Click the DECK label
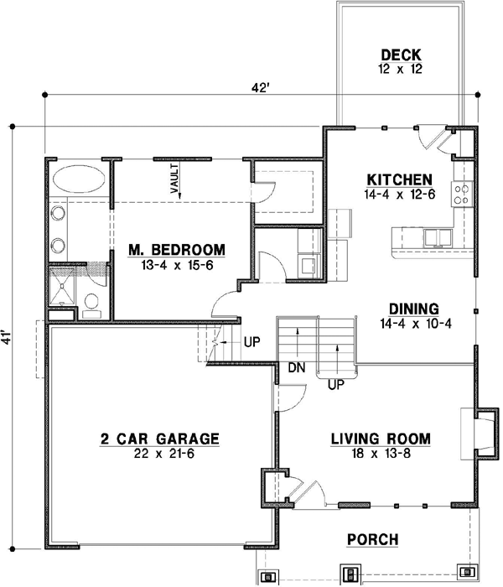click(399, 56)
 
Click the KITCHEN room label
click(399, 180)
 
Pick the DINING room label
click(415, 309)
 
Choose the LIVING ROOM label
click(381, 439)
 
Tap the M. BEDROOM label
click(176, 250)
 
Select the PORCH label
click(373, 540)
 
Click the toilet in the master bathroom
click(92, 304)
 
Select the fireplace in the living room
click(483, 434)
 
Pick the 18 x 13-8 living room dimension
click(381, 454)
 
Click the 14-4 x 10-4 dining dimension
click(415, 324)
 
